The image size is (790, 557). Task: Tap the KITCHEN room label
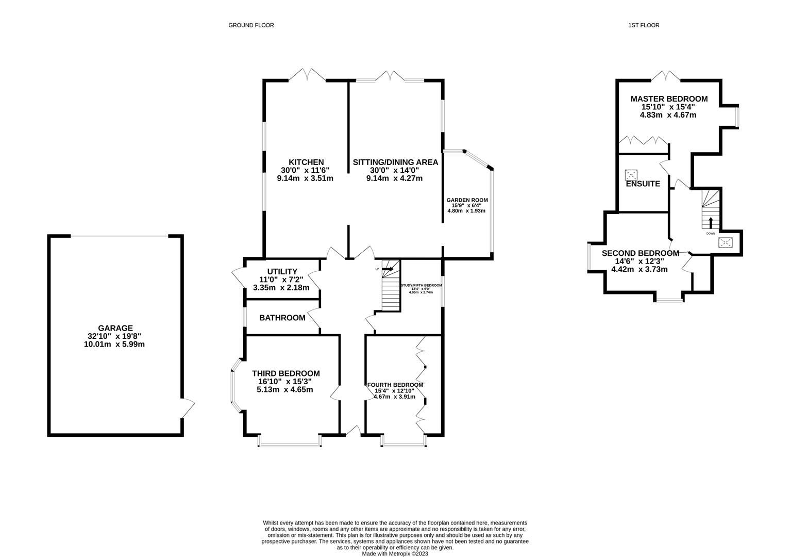pyautogui.click(x=306, y=162)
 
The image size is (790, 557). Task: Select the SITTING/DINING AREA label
pyautogui.click(x=395, y=162)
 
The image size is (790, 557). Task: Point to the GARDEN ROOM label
pyautogui.click(x=467, y=200)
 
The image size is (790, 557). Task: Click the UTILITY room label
pyautogui.click(x=282, y=272)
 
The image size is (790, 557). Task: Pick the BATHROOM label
pyautogui.click(x=282, y=318)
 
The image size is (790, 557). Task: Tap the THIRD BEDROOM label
pyautogui.click(x=285, y=373)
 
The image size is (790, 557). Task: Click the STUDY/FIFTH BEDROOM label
pyautogui.click(x=421, y=285)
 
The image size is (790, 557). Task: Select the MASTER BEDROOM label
pyautogui.click(x=669, y=99)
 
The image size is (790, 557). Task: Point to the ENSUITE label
pyautogui.click(x=643, y=184)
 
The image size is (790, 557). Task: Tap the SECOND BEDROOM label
pyautogui.click(x=640, y=253)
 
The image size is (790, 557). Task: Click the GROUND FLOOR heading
pyautogui.click(x=251, y=25)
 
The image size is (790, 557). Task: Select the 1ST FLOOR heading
pyautogui.click(x=644, y=25)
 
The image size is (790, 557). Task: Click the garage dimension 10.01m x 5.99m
pyautogui.click(x=114, y=344)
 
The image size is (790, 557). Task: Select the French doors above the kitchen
pyautogui.click(x=307, y=75)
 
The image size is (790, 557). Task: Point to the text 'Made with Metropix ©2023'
pyautogui.click(x=395, y=553)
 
